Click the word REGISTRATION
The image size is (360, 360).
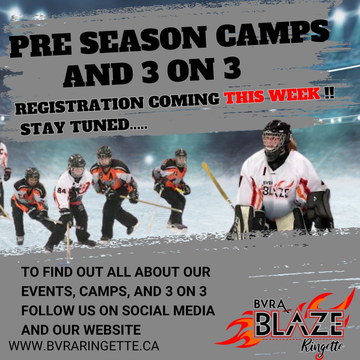point(79,105)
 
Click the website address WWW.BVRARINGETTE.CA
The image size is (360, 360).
point(84,346)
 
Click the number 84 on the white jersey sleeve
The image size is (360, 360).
point(62,190)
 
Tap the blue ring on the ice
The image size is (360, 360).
point(65,263)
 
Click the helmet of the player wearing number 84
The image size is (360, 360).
point(77,165)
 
